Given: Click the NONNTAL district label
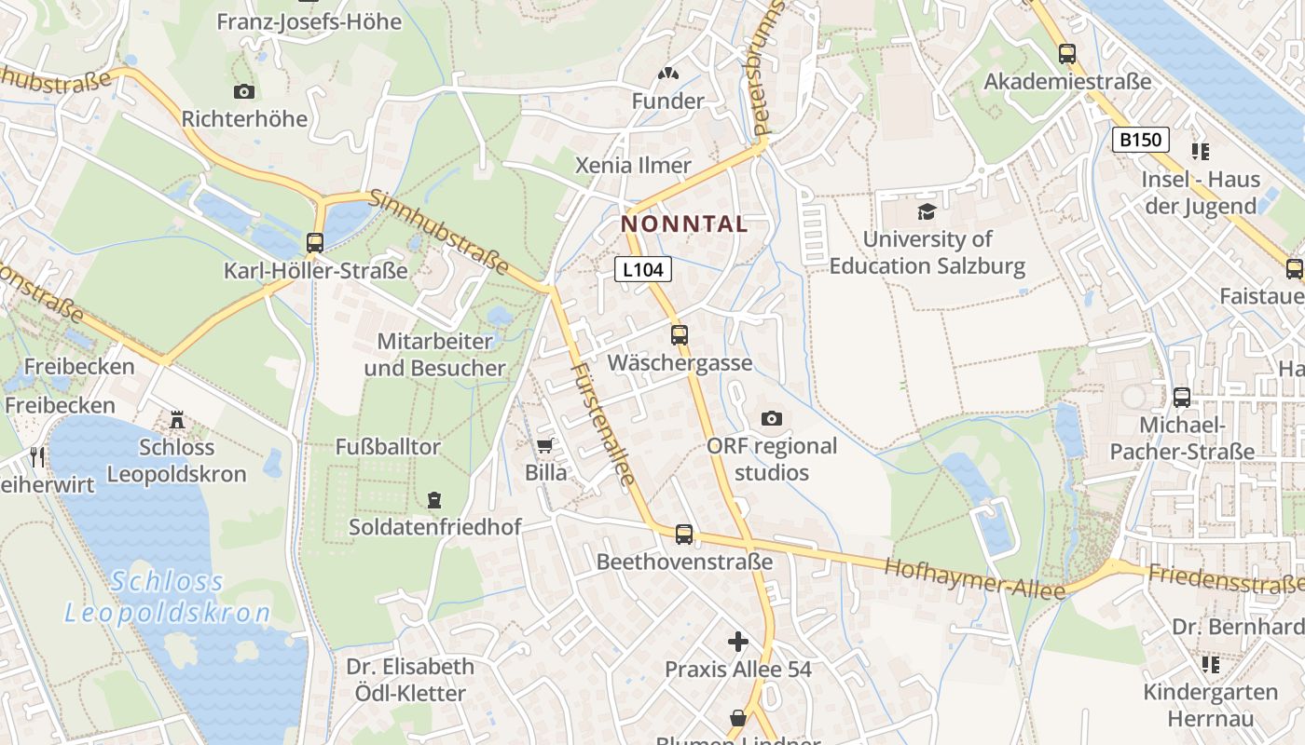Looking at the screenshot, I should (x=684, y=224).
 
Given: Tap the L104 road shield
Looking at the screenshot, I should (x=643, y=270).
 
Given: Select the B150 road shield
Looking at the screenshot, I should (x=1141, y=140).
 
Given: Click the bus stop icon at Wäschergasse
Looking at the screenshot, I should (x=680, y=335).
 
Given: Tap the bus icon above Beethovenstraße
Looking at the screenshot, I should (x=684, y=535).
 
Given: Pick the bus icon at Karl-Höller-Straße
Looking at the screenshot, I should (x=315, y=243).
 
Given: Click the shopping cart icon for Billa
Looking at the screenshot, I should (x=545, y=446).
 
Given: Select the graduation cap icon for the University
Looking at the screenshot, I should (x=927, y=212).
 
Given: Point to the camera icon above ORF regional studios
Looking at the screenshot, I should (x=772, y=419).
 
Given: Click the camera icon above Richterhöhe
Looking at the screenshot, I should (x=244, y=91).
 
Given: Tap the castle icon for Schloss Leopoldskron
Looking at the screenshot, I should (x=177, y=421).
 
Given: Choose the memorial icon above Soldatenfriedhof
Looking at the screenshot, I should (x=434, y=500).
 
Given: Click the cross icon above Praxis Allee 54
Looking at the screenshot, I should (x=738, y=642).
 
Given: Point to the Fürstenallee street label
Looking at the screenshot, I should (x=603, y=425).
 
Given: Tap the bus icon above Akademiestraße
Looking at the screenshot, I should (x=1067, y=54).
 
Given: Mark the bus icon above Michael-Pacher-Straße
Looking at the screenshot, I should (x=1182, y=398).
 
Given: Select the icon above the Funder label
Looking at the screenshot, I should (x=667, y=73).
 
